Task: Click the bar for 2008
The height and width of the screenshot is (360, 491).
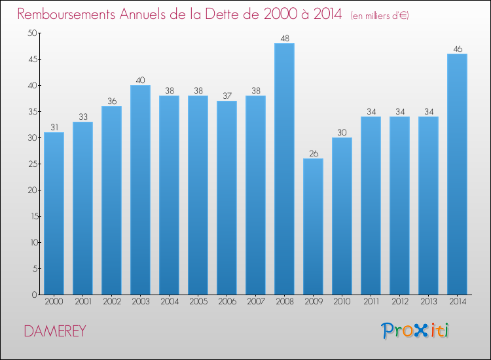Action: click(284, 169)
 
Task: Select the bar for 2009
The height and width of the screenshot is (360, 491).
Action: click(313, 226)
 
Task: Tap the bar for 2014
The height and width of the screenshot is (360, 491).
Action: click(457, 174)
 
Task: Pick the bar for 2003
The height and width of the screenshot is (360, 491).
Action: click(140, 190)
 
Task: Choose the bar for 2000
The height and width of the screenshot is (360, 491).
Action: click(54, 213)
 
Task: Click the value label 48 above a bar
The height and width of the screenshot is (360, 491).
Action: click(285, 39)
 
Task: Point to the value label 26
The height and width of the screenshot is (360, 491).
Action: click(314, 154)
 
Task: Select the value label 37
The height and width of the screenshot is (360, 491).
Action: click(227, 96)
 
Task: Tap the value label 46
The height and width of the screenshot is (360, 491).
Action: click(458, 49)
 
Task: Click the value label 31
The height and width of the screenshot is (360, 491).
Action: click(54, 128)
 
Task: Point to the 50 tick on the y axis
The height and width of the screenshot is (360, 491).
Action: click(32, 33)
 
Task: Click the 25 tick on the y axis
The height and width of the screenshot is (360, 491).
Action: click(33, 164)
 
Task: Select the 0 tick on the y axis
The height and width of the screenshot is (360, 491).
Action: click(35, 295)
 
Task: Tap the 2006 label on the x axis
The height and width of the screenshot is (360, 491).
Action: click(227, 302)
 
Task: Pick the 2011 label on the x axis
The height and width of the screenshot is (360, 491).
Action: click(371, 302)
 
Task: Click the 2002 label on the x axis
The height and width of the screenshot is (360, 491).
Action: click(112, 302)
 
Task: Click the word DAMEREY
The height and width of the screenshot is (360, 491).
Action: click(55, 331)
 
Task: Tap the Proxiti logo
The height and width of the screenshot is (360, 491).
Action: click(415, 331)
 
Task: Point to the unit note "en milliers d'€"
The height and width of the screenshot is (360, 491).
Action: click(380, 16)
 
